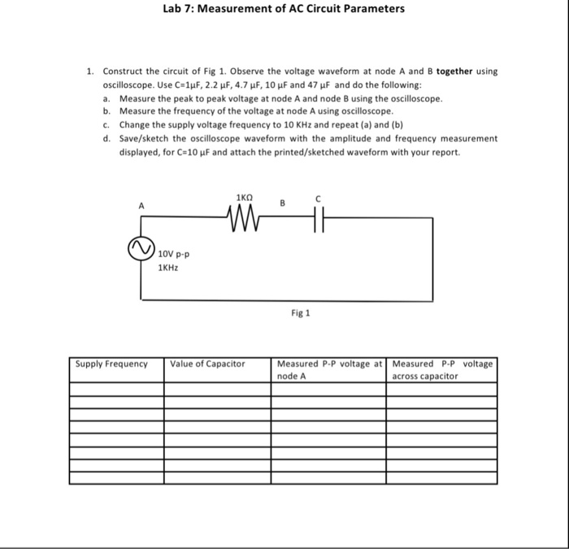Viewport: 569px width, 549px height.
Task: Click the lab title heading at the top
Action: (283, 9)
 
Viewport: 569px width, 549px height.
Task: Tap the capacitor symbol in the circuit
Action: (318, 217)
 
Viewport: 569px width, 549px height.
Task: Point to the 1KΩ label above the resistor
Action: (244, 198)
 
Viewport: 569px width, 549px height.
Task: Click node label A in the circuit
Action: (141, 207)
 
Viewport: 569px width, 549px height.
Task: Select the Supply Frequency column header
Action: (111, 364)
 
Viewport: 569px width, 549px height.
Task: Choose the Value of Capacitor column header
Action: (207, 364)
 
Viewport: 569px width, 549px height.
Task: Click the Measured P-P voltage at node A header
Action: (329, 369)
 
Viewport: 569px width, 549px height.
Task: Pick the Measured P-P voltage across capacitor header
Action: (441, 369)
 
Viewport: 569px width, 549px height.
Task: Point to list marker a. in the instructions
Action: (107, 98)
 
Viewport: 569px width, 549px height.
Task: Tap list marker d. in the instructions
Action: (107, 138)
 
